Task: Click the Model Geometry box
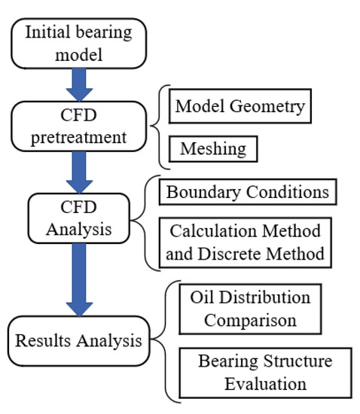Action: [x=239, y=107]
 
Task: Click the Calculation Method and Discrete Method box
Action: [x=245, y=242]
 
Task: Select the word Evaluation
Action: [x=264, y=383]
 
